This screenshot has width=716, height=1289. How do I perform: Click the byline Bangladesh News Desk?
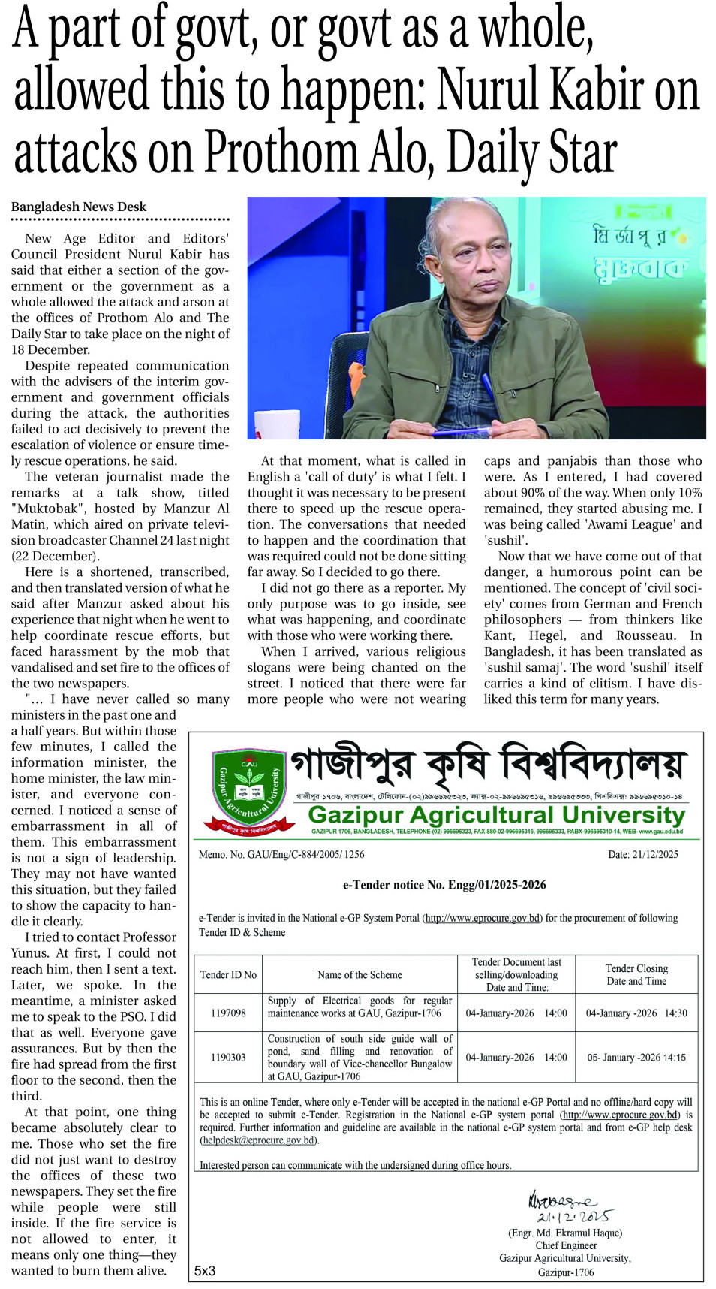[x=79, y=207]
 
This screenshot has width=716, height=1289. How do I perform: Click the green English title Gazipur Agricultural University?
[x=496, y=815]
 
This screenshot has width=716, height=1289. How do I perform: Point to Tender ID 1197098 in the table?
[x=228, y=1013]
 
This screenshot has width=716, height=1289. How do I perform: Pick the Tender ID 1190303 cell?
[x=228, y=1057]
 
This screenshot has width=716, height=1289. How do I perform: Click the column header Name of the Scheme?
[x=360, y=975]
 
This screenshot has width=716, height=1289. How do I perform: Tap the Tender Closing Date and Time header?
[x=636, y=975]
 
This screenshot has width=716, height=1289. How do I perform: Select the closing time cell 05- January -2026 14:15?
[x=636, y=1057]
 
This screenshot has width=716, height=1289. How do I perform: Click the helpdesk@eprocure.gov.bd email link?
[x=259, y=1140]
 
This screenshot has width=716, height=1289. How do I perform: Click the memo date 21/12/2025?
[x=643, y=854]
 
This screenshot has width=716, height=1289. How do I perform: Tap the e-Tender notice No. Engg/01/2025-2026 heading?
[x=444, y=885]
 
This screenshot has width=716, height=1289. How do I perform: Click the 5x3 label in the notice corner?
[x=205, y=1271]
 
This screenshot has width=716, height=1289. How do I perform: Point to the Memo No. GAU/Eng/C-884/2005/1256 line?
[x=281, y=854]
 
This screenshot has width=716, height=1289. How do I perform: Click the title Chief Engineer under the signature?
[x=566, y=1245]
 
